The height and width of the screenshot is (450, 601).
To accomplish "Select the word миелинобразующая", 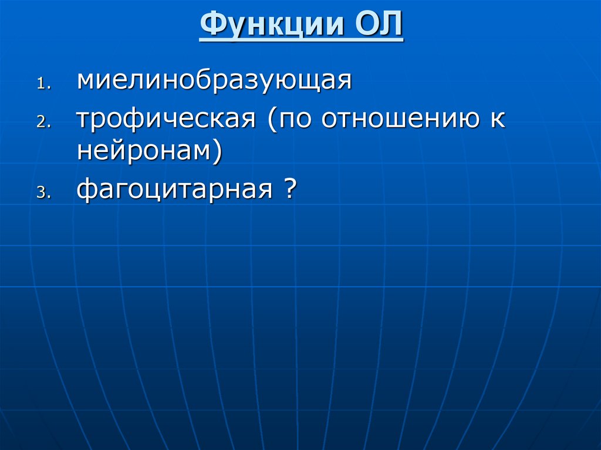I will (x=214, y=80).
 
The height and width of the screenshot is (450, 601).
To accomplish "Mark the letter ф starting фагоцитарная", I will (x=86, y=190).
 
